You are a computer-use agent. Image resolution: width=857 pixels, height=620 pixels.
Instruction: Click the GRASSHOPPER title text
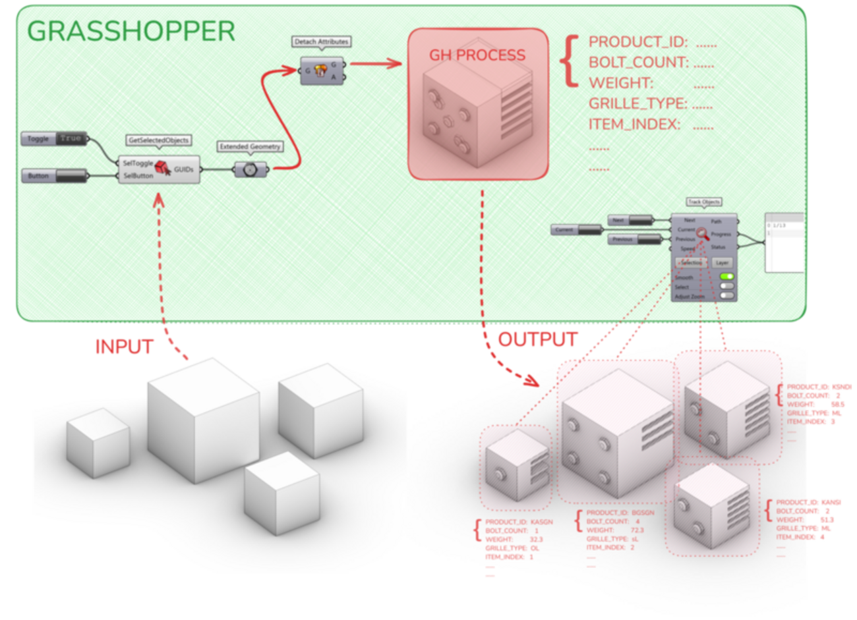131,31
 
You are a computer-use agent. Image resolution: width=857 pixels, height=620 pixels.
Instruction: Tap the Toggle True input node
55,139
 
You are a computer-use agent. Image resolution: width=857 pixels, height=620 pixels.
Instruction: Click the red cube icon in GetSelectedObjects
163,169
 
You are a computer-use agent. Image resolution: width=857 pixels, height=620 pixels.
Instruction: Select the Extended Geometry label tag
250,146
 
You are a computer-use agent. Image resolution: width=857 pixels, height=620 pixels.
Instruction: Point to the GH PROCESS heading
477,55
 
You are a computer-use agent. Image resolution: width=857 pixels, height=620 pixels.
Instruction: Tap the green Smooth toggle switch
726,277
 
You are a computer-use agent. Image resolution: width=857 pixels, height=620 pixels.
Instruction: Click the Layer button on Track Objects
722,262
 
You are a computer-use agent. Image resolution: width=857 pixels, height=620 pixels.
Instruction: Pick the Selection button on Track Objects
691,262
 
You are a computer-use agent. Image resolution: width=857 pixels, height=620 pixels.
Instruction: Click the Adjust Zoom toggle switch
726,296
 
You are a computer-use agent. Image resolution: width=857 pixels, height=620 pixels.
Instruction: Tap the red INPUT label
124,347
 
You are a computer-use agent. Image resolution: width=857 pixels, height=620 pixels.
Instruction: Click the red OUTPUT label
537,339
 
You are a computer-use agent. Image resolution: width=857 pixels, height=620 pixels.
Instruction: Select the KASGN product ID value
541,522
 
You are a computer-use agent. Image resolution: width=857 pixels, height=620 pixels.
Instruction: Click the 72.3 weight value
637,530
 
